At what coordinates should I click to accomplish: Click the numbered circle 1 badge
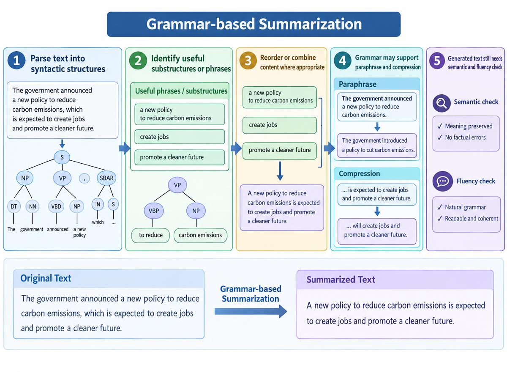(x=16, y=60)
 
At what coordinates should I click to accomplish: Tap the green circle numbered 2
(x=138, y=60)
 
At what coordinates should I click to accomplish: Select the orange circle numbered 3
(x=248, y=60)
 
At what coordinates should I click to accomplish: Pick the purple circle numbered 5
(x=437, y=60)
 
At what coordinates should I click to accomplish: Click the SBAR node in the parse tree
(x=106, y=178)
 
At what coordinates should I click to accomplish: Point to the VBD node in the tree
(x=56, y=206)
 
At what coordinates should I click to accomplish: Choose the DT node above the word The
(x=14, y=206)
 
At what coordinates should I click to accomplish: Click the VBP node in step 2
(x=154, y=211)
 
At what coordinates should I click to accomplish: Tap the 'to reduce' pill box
(x=150, y=235)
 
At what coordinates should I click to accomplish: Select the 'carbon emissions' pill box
(x=200, y=235)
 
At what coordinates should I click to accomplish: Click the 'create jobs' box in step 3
(x=280, y=125)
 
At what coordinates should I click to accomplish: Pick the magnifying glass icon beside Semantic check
(x=442, y=103)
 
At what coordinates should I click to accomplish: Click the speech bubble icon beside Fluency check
(x=442, y=181)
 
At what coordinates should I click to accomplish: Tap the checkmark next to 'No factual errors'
(x=440, y=137)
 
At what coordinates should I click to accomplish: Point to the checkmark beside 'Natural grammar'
(x=440, y=207)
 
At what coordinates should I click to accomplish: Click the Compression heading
(x=359, y=173)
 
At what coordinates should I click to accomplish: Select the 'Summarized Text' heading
(x=341, y=280)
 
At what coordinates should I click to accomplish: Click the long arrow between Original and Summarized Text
(x=251, y=311)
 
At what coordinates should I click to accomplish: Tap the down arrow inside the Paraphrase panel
(x=377, y=127)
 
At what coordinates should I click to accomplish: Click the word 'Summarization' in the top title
(x=310, y=24)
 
